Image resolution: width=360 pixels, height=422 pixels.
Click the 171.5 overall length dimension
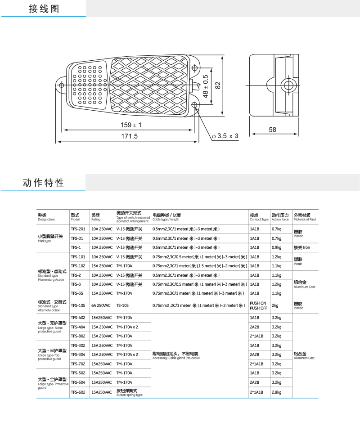[x=129, y=136]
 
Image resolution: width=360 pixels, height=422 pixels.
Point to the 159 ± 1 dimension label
[x=131, y=125]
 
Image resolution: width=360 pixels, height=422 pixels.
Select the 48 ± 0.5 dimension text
[x=206, y=86]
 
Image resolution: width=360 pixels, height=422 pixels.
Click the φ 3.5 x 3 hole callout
[x=225, y=136]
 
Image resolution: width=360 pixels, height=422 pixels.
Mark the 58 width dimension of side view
[x=272, y=130]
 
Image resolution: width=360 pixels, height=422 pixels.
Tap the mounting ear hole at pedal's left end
[x=60, y=84]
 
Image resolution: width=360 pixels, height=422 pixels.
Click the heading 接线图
[x=44, y=9]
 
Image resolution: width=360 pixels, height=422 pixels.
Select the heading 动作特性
[x=43, y=183]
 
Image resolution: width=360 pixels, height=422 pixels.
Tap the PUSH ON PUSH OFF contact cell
[x=258, y=305]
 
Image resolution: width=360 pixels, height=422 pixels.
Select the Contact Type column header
[x=259, y=217]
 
